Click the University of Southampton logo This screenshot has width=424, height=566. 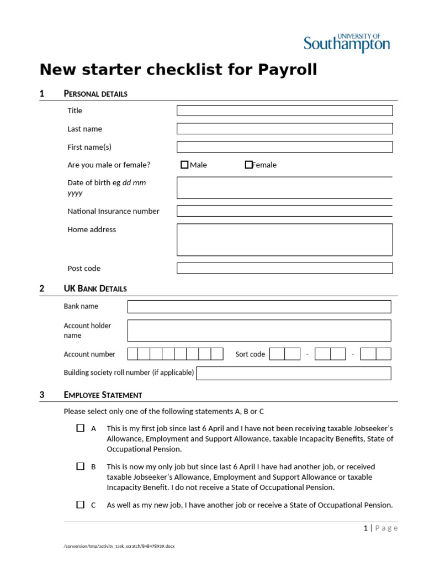click(x=347, y=43)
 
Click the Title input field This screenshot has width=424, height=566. click(x=284, y=111)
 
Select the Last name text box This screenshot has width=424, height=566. click(x=284, y=129)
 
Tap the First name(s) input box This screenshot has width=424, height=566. click(x=284, y=147)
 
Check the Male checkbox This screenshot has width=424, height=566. click(x=184, y=165)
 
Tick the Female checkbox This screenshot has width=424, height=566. click(x=248, y=165)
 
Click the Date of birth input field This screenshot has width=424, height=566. click(x=284, y=188)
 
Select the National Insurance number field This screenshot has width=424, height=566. click(x=284, y=211)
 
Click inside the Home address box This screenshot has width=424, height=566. click(x=284, y=239)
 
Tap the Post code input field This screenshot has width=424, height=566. click(x=284, y=268)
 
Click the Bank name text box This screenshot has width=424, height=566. click(x=259, y=307)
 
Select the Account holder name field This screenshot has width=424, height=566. click(x=259, y=331)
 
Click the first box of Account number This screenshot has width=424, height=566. click(x=132, y=354)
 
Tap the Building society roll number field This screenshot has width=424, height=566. click(x=293, y=373)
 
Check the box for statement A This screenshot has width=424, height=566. click(x=81, y=428)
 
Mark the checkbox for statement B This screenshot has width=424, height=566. click(x=81, y=467)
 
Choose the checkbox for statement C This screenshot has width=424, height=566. click(x=81, y=505)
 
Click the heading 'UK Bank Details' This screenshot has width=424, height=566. click(x=95, y=289)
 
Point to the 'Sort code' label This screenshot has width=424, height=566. click(x=250, y=354)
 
